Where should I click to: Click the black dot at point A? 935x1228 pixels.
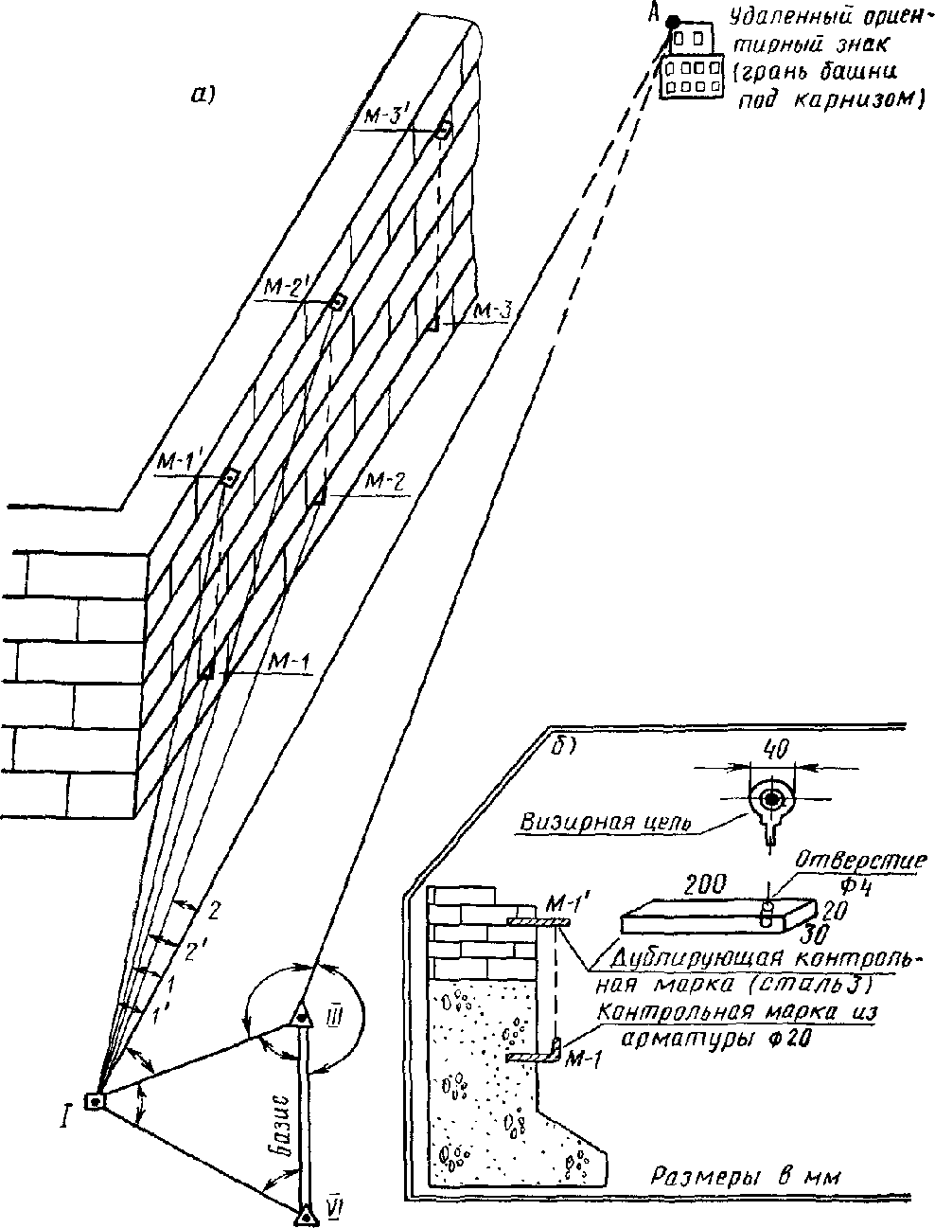click(x=672, y=21)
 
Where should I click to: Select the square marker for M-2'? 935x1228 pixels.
click(x=338, y=301)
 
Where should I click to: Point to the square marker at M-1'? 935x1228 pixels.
click(x=229, y=476)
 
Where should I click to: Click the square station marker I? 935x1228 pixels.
click(x=94, y=1101)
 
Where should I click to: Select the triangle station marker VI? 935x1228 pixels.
click(x=306, y=1213)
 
